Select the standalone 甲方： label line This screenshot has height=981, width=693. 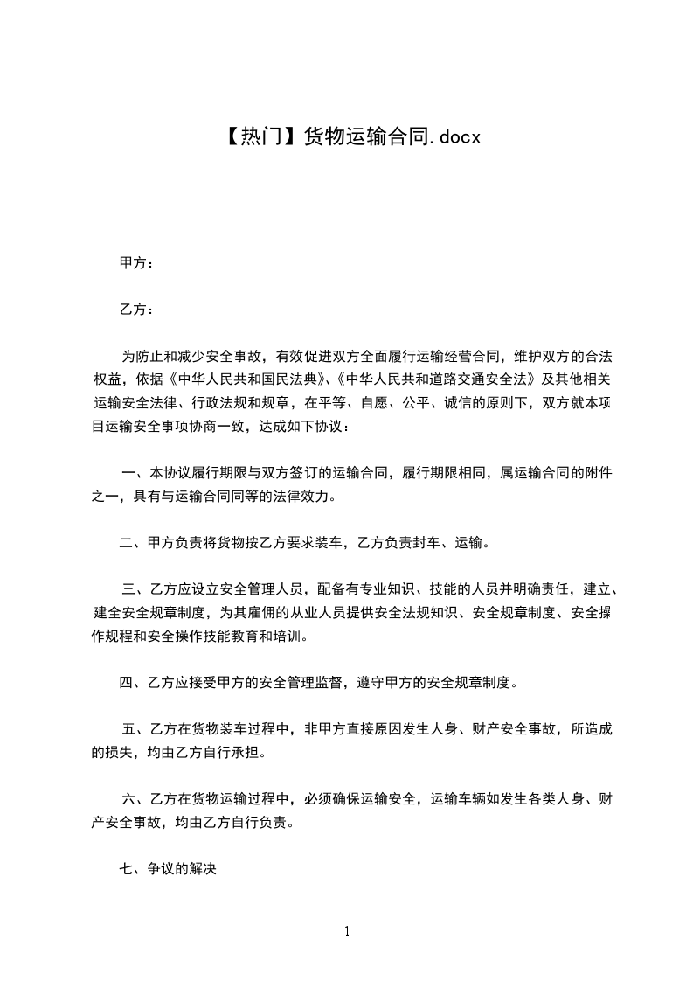(x=137, y=262)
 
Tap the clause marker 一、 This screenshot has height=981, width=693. (x=135, y=473)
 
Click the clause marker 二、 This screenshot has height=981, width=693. (x=134, y=543)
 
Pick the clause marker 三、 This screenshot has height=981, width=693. (x=135, y=589)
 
